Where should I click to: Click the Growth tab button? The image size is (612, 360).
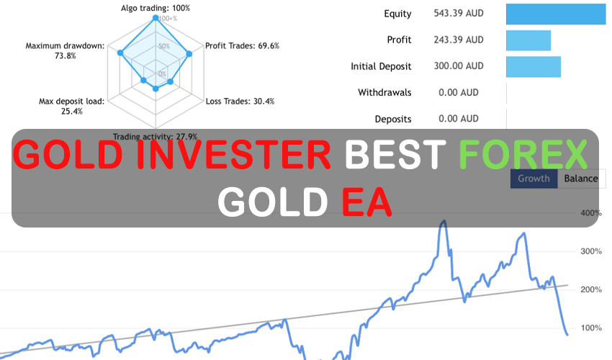[x=534, y=179]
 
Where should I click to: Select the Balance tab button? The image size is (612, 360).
[x=580, y=179]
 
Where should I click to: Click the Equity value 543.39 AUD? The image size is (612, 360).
[x=459, y=14]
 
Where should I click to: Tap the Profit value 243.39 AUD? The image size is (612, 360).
[x=459, y=40]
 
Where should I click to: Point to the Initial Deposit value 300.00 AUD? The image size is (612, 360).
[x=459, y=66]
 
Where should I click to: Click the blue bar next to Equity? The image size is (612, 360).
[x=555, y=14]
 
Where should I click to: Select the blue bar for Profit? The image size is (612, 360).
[x=528, y=40]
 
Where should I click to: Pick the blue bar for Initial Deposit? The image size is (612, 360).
[x=534, y=66]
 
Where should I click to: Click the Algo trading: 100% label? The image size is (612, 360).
[x=156, y=8]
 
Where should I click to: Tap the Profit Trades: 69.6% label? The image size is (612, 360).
[x=242, y=46]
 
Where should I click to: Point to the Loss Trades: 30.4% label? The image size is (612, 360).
[x=240, y=102]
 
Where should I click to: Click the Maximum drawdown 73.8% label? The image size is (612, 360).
[x=65, y=50]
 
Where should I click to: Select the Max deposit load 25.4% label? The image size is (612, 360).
[x=71, y=106]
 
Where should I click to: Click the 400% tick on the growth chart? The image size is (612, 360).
[x=590, y=213]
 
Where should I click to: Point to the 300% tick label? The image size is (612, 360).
[x=590, y=251]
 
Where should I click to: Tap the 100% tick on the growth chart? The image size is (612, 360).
[x=590, y=328]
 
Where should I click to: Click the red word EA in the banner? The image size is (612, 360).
[x=367, y=202]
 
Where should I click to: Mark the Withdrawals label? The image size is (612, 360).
[x=384, y=92]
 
